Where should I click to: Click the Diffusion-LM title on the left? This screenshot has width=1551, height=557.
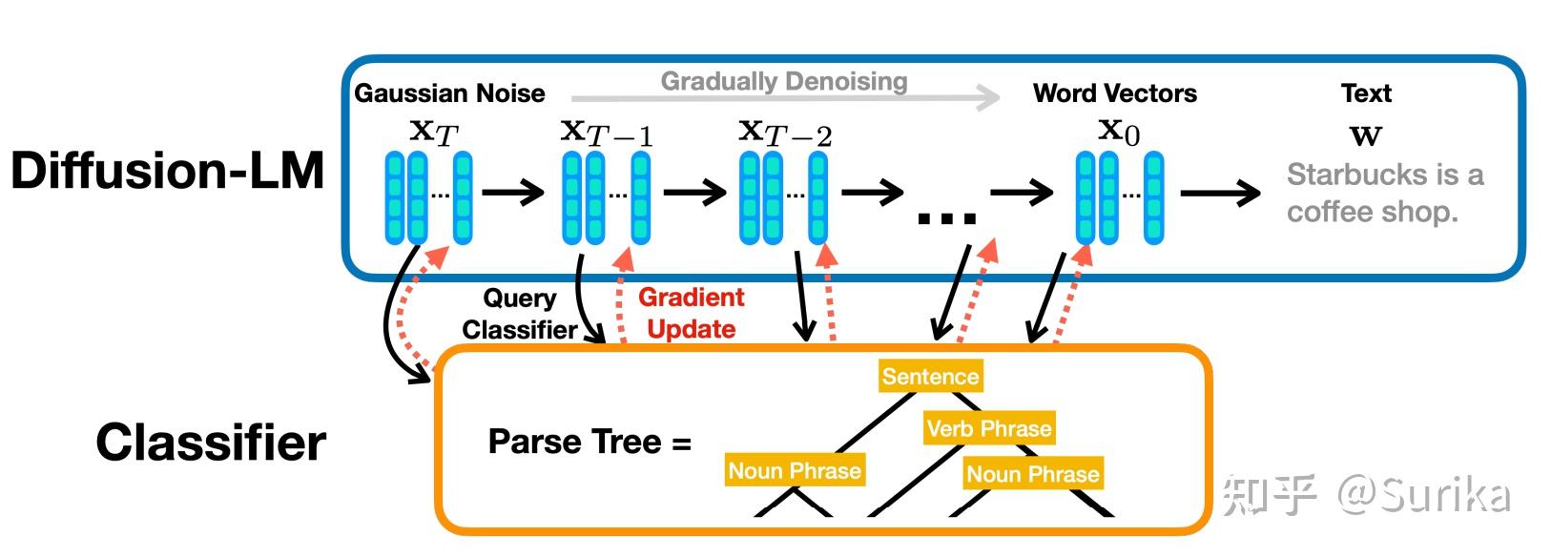168,170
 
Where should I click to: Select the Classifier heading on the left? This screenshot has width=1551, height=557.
211,443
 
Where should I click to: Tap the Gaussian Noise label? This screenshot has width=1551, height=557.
449,93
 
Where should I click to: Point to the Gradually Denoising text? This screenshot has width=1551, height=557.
784,82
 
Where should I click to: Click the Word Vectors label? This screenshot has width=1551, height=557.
1115,93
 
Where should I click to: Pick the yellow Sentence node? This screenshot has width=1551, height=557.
930,376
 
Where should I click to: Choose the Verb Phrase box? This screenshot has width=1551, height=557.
989,428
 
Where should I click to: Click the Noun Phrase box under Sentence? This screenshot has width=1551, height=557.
795,470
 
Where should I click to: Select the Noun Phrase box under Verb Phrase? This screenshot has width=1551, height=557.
1033,474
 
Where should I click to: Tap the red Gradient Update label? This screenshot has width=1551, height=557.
691,313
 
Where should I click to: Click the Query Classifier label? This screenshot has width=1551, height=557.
519,314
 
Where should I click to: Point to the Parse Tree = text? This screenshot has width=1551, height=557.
589,442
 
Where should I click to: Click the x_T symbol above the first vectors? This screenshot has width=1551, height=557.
433,133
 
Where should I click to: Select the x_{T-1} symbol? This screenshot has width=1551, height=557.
607,134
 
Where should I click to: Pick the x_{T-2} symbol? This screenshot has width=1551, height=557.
785,134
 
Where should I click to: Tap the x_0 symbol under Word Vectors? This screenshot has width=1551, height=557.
1119,133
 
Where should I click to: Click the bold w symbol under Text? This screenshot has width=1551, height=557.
1365,134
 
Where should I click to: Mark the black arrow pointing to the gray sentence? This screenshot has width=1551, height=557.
1220,193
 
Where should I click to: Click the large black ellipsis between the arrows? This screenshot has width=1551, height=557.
946,219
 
